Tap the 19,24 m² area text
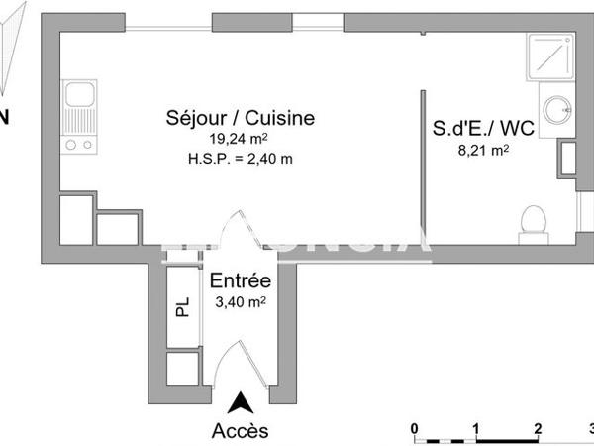click(241, 140)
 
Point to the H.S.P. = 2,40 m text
click(241, 158)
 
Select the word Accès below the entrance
click(239, 430)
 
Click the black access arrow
click(239, 402)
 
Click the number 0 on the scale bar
click(416, 428)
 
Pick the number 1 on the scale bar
click(476, 428)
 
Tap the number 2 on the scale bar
click(537, 428)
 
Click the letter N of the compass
click(4, 118)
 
